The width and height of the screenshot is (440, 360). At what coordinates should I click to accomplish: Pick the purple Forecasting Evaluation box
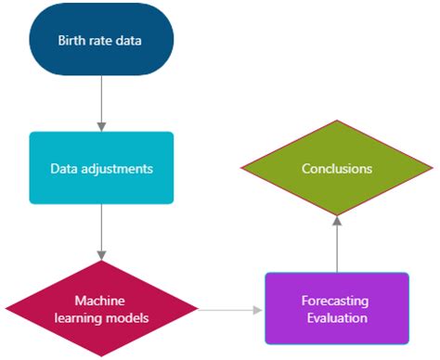[x=336, y=309]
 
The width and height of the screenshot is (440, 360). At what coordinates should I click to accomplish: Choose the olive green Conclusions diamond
[x=336, y=169]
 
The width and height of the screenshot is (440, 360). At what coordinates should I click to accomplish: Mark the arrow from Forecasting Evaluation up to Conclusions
[x=336, y=243]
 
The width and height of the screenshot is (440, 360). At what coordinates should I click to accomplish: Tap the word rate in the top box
[x=101, y=40]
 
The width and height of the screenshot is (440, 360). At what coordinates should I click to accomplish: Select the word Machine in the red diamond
[x=100, y=301]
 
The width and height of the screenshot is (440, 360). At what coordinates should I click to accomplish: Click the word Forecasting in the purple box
[x=336, y=301]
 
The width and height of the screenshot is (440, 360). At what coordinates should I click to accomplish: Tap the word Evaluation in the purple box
[x=336, y=317]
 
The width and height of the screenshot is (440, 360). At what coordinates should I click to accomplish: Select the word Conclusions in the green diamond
[x=336, y=169]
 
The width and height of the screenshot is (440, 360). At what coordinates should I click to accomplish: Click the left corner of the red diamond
[x=7, y=309]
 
